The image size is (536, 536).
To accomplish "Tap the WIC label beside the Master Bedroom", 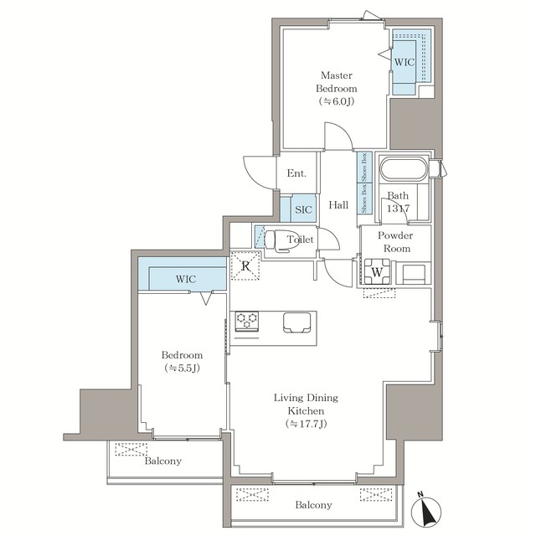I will pyautogui.click(x=405, y=62).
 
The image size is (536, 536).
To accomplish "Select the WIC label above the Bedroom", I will pyautogui.click(x=186, y=278).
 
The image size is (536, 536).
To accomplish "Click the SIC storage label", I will pyautogui.click(x=303, y=209).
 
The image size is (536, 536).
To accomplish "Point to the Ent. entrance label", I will pyautogui.click(x=296, y=174).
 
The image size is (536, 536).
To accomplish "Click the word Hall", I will pyautogui.click(x=338, y=205).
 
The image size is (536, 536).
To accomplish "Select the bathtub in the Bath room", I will pyautogui.click(x=404, y=170).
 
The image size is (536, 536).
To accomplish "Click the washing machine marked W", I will pyautogui.click(x=377, y=271).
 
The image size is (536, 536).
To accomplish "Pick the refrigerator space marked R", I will pyautogui.click(x=245, y=266).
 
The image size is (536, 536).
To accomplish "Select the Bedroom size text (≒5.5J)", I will pyautogui.click(x=183, y=368).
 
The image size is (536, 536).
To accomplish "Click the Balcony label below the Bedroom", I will pyautogui.click(x=162, y=461).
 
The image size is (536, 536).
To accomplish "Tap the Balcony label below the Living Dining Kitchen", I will pyautogui.click(x=312, y=505).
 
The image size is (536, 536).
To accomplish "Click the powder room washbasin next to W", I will pyautogui.click(x=414, y=272).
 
